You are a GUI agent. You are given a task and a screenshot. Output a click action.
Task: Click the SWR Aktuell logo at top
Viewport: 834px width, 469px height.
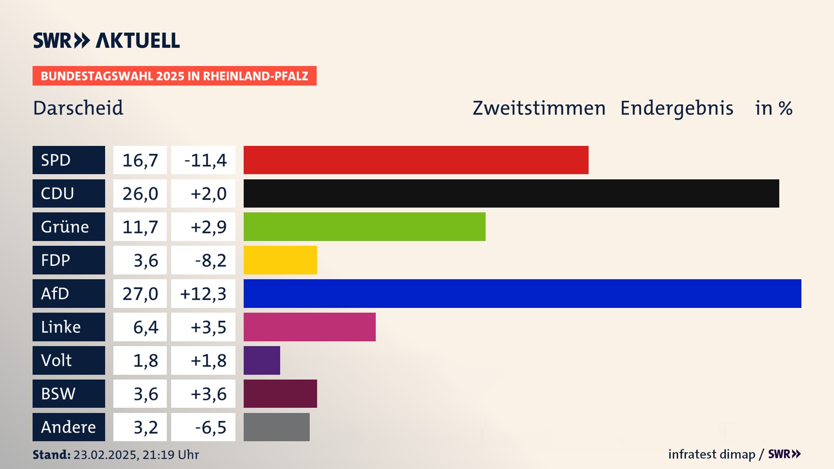pos(106,40)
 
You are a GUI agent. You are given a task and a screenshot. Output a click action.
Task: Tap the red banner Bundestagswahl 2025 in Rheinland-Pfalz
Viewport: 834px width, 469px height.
pos(174,76)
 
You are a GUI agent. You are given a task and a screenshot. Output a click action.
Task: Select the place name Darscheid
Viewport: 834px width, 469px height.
pos(78,108)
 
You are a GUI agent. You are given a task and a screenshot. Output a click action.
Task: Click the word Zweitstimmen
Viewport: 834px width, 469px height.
pos(539,108)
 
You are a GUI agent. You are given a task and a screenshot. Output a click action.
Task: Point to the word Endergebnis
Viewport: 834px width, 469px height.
pos(676,108)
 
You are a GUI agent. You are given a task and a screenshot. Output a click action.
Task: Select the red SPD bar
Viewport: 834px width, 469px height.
pos(416,160)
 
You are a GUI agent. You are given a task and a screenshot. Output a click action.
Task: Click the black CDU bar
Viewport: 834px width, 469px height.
pos(511,194)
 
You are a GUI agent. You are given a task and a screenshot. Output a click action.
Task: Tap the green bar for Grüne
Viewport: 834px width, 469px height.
pos(364,227)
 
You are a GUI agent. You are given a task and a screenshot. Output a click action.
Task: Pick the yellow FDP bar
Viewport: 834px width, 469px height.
pos(280,260)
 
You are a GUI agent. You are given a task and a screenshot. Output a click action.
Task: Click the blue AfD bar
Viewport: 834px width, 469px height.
pos(522,294)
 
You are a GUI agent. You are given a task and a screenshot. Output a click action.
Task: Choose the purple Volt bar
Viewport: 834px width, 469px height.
pos(262,360)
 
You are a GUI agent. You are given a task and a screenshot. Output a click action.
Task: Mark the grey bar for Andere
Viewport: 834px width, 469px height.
pos(276,427)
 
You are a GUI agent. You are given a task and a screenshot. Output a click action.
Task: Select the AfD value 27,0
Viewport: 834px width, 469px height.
pos(140,294)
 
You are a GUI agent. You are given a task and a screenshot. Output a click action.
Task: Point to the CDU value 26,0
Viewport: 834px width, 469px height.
pos(140,194)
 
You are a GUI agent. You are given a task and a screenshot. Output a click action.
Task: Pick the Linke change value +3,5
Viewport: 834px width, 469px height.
pos(208,327)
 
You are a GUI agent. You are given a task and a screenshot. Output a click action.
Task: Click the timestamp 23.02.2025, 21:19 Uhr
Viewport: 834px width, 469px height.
pos(136,455)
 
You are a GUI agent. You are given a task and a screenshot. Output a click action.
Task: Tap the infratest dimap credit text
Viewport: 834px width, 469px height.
pos(711,454)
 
